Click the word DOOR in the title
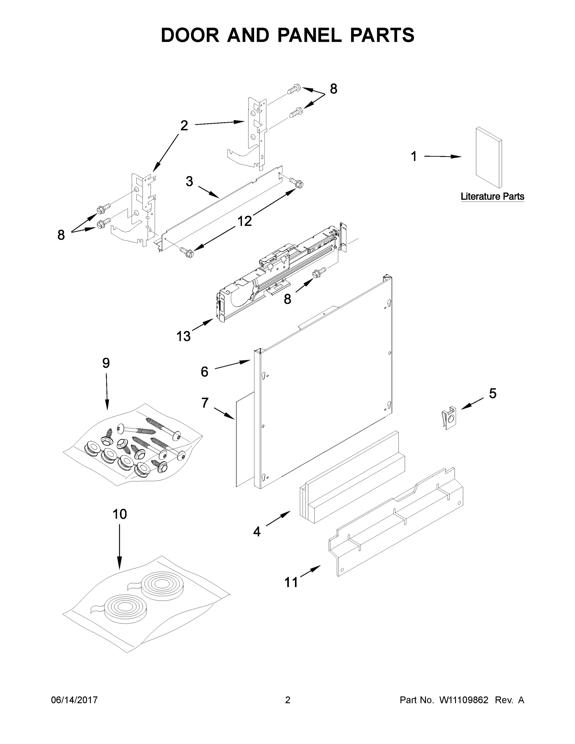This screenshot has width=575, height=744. click(x=190, y=35)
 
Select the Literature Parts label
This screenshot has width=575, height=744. click(x=492, y=197)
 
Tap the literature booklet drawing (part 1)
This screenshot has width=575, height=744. click(x=489, y=157)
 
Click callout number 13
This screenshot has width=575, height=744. click(x=183, y=337)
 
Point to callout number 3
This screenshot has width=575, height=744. click(x=189, y=181)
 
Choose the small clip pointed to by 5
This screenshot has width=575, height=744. click(x=450, y=418)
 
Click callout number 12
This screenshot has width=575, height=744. click(x=244, y=221)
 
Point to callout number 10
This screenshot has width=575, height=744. click(x=120, y=514)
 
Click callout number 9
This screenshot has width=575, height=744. click(x=106, y=363)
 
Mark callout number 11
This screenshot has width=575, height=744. click(x=291, y=582)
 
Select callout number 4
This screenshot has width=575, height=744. click(x=257, y=531)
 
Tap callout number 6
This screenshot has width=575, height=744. click(x=204, y=372)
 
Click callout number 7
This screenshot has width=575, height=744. click(x=204, y=403)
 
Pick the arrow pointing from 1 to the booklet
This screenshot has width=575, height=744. click(x=443, y=156)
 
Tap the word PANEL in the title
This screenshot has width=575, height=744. click(x=309, y=35)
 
